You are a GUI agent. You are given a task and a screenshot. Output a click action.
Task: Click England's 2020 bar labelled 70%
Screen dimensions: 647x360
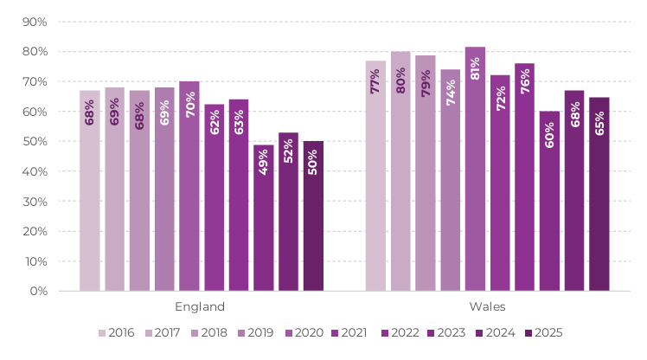pos(189,186)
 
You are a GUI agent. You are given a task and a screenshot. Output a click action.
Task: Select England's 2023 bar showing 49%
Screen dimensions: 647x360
pos(263,218)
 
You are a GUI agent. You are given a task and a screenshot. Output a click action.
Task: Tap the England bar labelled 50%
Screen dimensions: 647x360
pos(313,216)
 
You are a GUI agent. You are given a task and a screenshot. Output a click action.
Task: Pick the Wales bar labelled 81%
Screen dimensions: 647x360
pos(475,169)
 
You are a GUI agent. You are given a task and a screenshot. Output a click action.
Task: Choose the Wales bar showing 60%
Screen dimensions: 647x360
pos(549,201)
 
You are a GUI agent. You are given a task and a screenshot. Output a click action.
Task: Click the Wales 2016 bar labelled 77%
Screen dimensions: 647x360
pos(375,176)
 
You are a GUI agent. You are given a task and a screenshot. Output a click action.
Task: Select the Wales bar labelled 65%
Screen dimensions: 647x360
pos(599,194)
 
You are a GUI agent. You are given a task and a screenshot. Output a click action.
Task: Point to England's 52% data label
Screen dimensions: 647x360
pos(288,151)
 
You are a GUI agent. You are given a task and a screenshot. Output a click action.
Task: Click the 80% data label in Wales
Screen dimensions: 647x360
pos(400,80)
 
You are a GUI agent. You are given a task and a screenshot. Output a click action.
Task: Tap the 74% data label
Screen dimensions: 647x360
pos(451,93)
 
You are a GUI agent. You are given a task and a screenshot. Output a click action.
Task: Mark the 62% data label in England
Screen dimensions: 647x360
pos(215,122)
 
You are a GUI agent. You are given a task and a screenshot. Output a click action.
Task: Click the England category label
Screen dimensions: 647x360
pos(200,306)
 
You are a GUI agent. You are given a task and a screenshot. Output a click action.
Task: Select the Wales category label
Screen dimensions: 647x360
pos(487,306)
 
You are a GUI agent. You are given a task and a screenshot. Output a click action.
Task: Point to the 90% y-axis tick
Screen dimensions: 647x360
pos(35,22)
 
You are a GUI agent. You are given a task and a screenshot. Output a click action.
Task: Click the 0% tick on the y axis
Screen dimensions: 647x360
pos(38,291)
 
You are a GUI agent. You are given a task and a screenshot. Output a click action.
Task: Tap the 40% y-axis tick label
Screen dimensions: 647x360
pos(35,171)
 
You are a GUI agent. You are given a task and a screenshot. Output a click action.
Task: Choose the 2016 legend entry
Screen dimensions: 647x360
pos(117,333)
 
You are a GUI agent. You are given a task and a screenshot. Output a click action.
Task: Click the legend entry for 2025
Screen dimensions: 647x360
pos(544,333)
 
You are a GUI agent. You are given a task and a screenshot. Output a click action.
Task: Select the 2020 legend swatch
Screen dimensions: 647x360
pos(289,333)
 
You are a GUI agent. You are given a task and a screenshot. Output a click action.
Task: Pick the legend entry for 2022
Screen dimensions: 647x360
pos(400,333)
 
